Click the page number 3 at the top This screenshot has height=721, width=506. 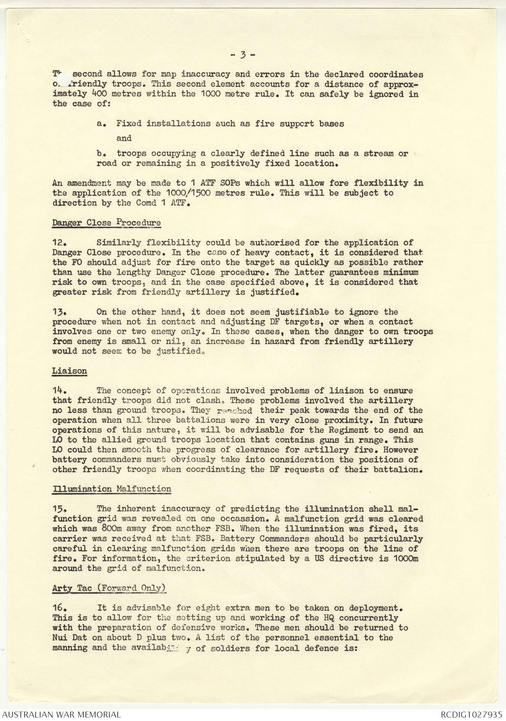[243, 54]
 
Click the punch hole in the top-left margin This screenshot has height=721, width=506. [63, 79]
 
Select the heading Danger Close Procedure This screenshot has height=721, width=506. [107, 223]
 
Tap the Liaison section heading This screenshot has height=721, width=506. [70, 371]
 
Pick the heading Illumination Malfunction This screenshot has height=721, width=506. [112, 489]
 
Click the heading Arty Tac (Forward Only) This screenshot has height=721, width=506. [109, 588]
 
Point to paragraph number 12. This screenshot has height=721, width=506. [57, 243]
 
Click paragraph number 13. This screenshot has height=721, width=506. [57, 312]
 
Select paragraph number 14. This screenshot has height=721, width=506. [57, 391]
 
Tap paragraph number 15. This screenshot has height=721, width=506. [57, 509]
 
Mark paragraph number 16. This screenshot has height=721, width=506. [57, 608]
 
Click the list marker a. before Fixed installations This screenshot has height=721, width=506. [101, 124]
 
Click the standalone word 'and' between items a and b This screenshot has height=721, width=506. [124, 139]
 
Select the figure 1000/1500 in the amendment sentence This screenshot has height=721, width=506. [188, 193]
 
